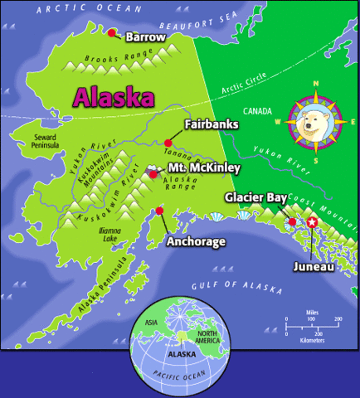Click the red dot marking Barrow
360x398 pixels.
tap(112, 33)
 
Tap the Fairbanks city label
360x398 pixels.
tap(210, 124)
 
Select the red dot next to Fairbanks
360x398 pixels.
tap(168, 143)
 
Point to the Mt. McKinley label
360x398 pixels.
tap(203, 168)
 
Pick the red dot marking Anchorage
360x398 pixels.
tap(158, 211)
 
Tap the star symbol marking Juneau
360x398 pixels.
tap(312, 222)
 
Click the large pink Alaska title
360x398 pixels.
tap(114, 96)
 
